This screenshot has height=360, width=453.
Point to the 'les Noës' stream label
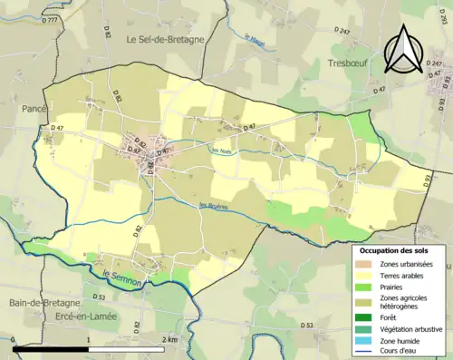tap(221, 151)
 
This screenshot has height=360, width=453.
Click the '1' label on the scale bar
tap(88, 338)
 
